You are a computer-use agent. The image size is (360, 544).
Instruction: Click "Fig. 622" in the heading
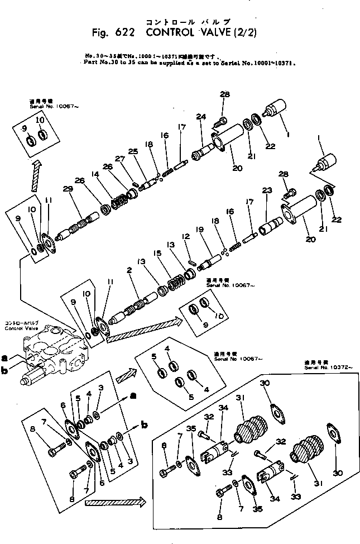pyautogui.click(x=112, y=33)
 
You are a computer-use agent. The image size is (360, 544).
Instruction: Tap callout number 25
pyautogui.click(x=133, y=151)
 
